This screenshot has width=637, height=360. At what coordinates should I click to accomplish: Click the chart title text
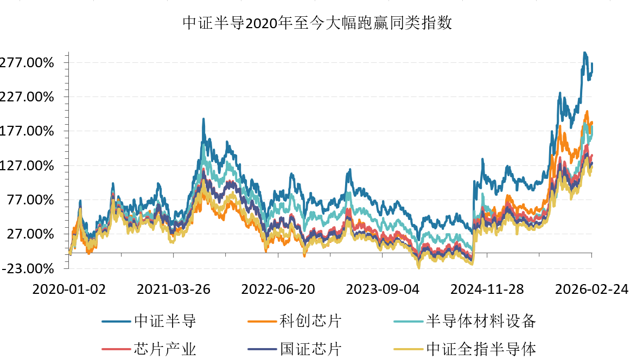coord(317,24)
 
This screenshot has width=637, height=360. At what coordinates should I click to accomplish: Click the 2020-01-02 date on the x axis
coord(69,290)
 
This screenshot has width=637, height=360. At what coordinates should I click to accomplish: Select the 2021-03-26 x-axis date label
coord(173,290)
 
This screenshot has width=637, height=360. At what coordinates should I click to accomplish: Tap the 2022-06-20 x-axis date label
coord(278,290)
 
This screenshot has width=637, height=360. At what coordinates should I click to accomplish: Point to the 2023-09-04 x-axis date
coord(383,290)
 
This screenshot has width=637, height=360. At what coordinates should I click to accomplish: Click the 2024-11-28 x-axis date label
coord(487,290)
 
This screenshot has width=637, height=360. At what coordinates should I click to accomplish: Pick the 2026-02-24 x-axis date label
coord(591,290)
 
